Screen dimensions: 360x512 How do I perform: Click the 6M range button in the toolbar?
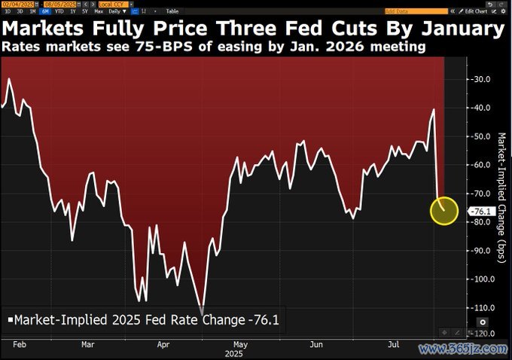47,11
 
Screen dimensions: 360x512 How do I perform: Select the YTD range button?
59,11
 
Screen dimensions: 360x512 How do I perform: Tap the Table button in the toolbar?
172,11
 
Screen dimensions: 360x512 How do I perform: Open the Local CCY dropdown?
102,4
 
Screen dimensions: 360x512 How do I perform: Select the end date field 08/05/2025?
58,4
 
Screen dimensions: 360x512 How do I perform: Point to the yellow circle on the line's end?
443,211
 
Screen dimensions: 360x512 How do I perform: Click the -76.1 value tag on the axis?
480,212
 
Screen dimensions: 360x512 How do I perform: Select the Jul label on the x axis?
392,343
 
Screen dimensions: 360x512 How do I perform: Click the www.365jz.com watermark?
462,349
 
